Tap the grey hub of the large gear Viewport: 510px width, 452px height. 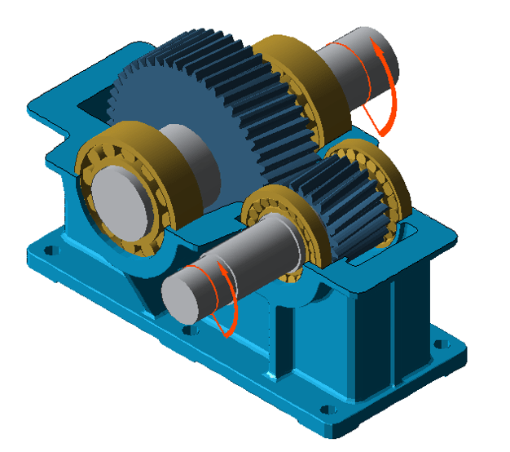click(x=191, y=159)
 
